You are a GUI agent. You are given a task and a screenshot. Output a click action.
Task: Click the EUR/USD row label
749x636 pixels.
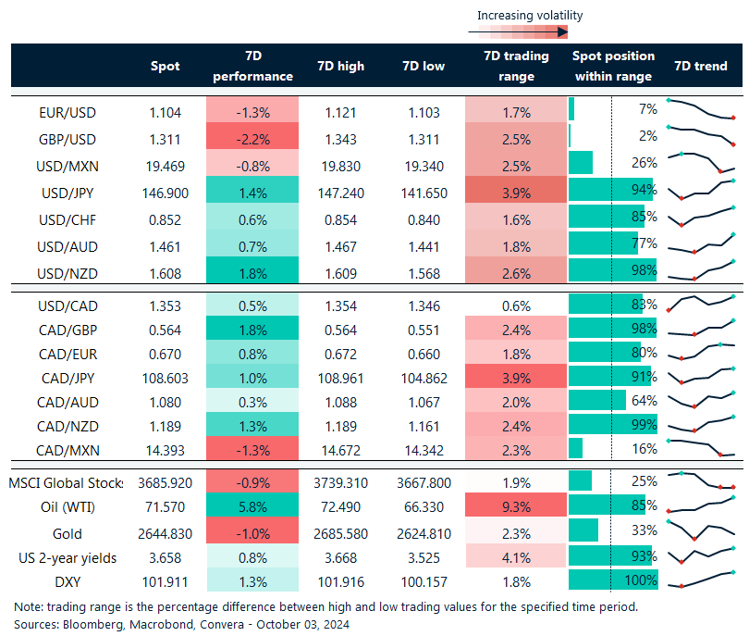68,112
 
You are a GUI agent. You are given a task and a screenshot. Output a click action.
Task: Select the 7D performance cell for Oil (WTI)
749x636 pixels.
252,506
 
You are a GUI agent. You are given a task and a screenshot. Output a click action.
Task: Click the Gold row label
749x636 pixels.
68,533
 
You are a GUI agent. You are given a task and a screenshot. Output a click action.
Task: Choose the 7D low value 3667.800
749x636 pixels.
428,482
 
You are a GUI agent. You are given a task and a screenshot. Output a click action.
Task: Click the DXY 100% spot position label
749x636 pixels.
640,581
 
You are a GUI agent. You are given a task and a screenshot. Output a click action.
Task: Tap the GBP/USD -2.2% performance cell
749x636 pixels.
252,139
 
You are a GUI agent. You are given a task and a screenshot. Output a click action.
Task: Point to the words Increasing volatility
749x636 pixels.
530,15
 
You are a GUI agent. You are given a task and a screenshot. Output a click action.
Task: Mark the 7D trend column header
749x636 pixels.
700,66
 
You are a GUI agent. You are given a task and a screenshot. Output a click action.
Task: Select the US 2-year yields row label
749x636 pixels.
68,557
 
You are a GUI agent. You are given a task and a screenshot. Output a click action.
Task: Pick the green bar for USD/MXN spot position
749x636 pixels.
582,164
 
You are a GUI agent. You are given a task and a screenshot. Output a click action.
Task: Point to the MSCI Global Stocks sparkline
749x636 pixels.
701,480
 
